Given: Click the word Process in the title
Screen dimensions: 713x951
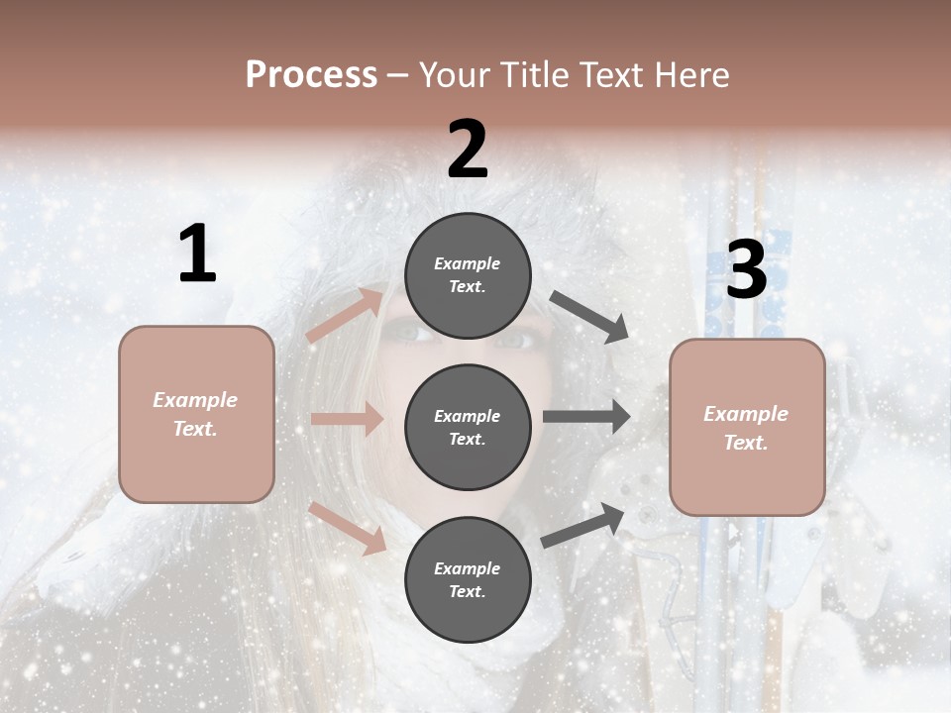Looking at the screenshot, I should (x=311, y=75).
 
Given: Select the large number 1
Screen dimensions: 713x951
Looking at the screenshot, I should (x=197, y=255).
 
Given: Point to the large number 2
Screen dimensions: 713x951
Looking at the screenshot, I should (x=468, y=150).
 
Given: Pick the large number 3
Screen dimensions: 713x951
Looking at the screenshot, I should (x=746, y=270).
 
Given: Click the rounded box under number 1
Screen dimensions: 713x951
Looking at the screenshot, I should (x=196, y=414).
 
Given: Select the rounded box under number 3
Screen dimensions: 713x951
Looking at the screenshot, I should (x=747, y=427).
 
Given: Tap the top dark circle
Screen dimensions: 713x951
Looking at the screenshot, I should (x=468, y=275).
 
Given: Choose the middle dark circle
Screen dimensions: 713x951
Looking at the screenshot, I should (x=468, y=427).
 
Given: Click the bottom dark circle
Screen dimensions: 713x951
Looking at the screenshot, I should (x=468, y=579).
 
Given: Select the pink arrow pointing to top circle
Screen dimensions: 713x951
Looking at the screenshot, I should (x=345, y=315).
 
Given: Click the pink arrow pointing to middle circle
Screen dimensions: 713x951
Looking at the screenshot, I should (x=347, y=419).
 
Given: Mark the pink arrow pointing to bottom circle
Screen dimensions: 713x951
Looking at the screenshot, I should (x=348, y=527).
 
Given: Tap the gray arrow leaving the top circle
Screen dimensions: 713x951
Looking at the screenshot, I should (x=589, y=317).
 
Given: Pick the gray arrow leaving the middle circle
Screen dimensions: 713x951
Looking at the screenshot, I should (x=586, y=417).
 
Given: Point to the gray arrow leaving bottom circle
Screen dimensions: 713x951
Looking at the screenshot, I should (x=582, y=525).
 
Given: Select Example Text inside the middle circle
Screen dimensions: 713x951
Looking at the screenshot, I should (x=468, y=427).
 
